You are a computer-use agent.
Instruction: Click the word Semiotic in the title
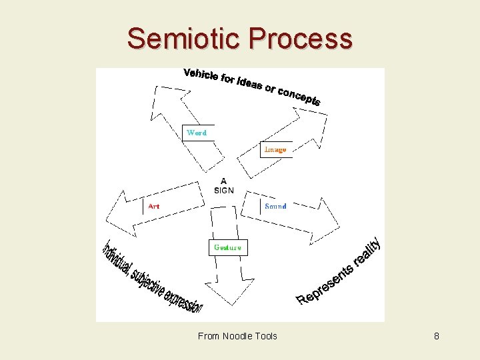pos(184,39)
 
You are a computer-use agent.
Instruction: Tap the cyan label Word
pos(197,133)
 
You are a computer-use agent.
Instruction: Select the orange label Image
pos(275,149)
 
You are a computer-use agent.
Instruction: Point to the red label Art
pos(154,207)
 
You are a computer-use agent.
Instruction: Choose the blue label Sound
pos(275,207)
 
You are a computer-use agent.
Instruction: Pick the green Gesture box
pos(227,247)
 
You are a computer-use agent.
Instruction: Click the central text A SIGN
pos(223,185)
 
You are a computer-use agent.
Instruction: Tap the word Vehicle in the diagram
pos(201,75)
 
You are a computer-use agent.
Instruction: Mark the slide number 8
pos(437,336)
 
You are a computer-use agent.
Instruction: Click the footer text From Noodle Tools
pos(237,336)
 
